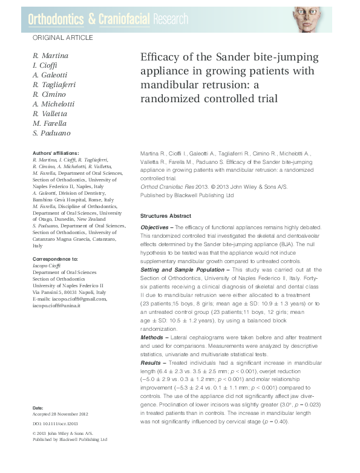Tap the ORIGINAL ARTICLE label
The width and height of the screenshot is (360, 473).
coord(62,38)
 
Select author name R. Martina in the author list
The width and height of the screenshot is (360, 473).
coord(50,56)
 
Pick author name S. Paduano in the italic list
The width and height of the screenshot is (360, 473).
coord(51,133)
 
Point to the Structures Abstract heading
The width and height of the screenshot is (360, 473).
coord(166,216)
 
